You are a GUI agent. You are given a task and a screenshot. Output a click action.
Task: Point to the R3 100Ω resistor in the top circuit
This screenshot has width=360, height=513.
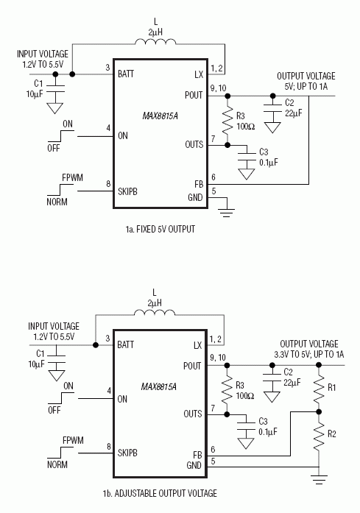pos(224,120)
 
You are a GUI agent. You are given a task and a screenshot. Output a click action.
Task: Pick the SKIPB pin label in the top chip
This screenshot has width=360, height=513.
pos(133,191)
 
